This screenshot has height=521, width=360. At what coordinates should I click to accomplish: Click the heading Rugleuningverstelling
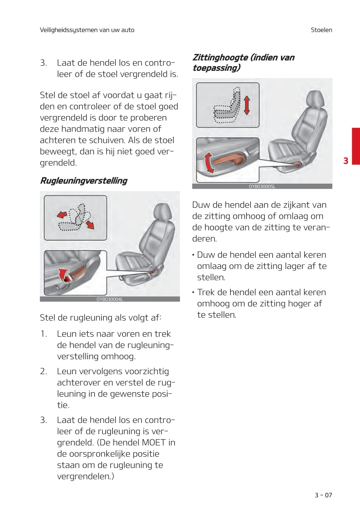click(84, 181)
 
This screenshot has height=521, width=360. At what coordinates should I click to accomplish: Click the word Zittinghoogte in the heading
click(220, 57)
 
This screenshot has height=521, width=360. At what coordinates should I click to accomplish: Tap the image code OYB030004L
click(110, 299)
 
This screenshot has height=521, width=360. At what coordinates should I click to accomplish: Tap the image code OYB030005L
click(262, 186)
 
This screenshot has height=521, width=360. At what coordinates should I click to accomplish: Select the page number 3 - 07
click(323, 495)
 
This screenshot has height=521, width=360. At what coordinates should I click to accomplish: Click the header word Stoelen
click(321, 30)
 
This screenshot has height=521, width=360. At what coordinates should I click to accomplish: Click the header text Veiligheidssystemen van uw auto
click(87, 30)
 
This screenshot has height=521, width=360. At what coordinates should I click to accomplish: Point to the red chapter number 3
click(346, 161)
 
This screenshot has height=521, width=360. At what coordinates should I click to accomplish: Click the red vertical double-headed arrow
click(247, 105)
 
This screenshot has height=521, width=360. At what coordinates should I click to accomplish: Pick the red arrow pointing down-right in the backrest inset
click(90, 225)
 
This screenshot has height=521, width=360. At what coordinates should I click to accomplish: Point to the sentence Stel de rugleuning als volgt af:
click(101, 318)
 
